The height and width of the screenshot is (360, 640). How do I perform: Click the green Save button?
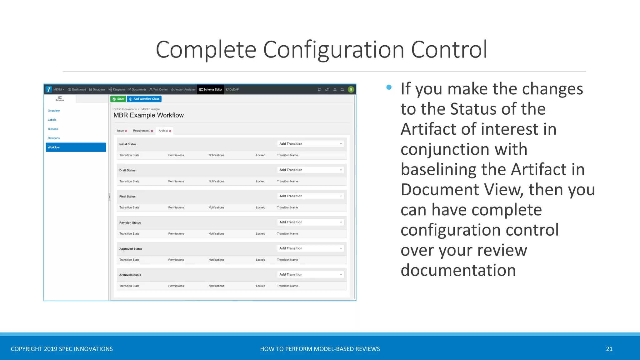pos(118,99)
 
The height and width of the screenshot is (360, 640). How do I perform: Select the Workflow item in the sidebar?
pos(76,147)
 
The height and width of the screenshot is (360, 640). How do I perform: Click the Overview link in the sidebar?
pos(54,111)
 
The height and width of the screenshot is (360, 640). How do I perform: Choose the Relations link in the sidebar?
pos(54,138)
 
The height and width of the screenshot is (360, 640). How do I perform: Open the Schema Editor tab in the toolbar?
pos(210,89)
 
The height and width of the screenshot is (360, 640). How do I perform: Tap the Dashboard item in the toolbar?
pos(77,89)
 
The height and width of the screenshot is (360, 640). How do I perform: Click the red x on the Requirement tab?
pos(152,131)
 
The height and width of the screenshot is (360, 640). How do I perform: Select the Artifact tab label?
pos(163,131)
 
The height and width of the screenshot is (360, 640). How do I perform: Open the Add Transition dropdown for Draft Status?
pos(311,170)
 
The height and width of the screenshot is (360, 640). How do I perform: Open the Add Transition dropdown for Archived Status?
pos(311,274)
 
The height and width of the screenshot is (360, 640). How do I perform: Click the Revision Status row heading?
pos(130,222)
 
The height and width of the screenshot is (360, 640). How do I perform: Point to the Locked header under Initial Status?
pos(260,155)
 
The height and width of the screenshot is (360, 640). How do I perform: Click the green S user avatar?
pos(351,89)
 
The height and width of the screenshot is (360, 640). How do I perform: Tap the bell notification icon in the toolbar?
pos(335,89)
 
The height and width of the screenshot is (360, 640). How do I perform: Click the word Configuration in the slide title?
pos(334,50)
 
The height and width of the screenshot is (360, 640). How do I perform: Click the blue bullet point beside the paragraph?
pos(389,87)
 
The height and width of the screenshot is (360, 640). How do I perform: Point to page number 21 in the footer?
pos(609,349)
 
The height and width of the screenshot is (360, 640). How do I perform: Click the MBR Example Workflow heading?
pos(148,115)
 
